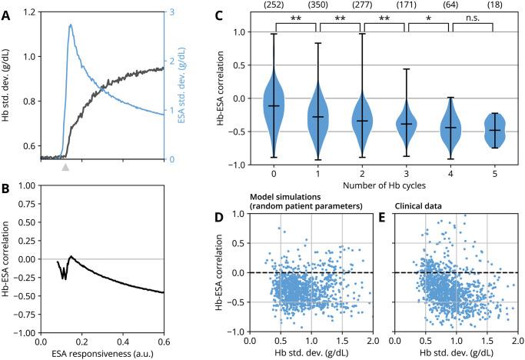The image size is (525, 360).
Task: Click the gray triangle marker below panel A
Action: pyautogui.click(x=65, y=167)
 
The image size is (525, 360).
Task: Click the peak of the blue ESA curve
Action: pyautogui.click(x=71, y=25)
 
